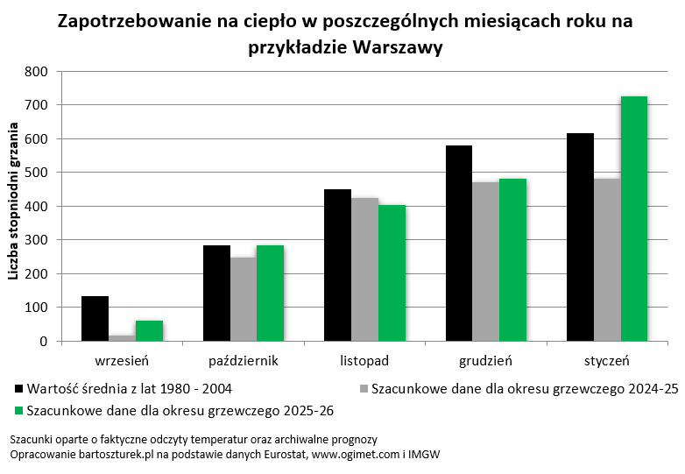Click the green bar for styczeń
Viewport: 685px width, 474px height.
point(633,219)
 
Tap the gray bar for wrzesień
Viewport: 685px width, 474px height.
point(122,338)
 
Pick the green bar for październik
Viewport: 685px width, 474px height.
point(270,294)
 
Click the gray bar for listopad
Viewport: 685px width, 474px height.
point(364,270)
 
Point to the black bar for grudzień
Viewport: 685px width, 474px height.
point(458,244)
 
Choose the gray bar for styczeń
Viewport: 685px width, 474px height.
point(607,260)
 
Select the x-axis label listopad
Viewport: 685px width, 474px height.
point(364,360)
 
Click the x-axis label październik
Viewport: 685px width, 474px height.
point(244,360)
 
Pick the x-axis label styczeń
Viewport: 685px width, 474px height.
point(607,360)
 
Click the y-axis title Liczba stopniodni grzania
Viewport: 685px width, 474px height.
point(14,207)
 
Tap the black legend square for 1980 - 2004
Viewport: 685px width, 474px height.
point(19,387)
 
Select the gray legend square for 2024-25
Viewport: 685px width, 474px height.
point(364,387)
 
